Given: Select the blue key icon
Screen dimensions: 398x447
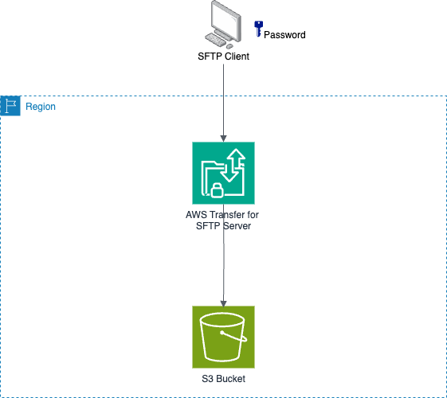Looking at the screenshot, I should (x=257, y=29).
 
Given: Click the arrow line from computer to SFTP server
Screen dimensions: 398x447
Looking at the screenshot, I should (x=223, y=96).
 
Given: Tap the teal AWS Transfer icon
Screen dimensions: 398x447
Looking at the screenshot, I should (x=223, y=173).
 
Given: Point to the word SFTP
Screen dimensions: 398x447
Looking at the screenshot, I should (x=207, y=226).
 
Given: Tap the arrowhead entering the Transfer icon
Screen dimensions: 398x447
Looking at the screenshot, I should (x=223, y=138).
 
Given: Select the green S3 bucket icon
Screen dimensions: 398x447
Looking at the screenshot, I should (x=223, y=337).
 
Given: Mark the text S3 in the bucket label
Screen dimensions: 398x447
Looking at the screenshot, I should (x=206, y=379).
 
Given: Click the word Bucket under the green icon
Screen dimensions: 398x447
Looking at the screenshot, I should (x=229, y=379).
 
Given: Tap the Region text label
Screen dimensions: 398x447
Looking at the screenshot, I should (x=41, y=107).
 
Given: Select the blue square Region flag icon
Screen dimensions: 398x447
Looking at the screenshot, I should (x=10, y=106).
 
